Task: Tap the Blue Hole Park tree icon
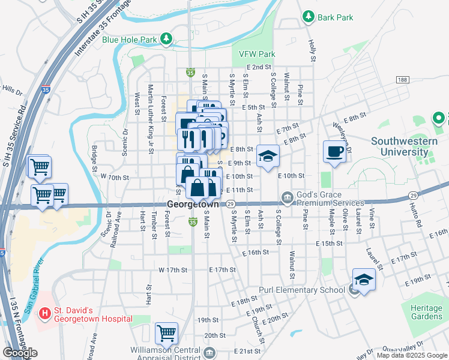point(166,40)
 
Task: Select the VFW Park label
point(257,54)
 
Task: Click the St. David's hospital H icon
point(44,313)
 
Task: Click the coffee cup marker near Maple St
point(335,152)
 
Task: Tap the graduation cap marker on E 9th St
point(268,157)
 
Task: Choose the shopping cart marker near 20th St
point(166,333)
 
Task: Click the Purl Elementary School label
point(302,290)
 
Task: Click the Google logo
point(20,353)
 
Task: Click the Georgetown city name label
point(193,204)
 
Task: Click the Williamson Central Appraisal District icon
point(209,352)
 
